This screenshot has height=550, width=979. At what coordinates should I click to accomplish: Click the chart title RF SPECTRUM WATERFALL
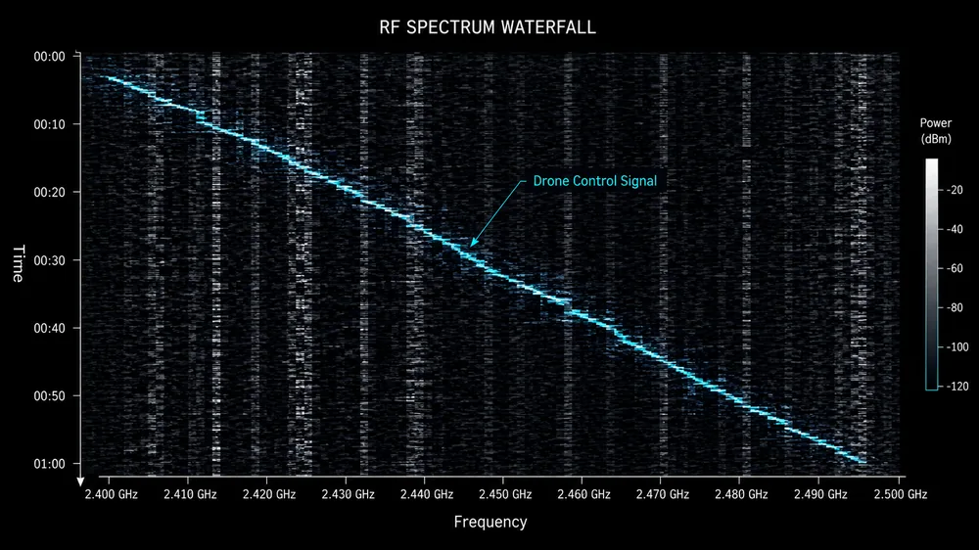(488, 27)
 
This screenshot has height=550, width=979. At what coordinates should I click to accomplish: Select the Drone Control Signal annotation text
(594, 181)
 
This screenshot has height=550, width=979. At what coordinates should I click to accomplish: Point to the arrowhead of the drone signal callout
(473, 243)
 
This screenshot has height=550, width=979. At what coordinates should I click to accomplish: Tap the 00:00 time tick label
(49, 57)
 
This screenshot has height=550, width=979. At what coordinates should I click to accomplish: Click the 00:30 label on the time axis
(49, 260)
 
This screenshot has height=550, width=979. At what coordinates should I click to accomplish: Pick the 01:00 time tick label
(49, 464)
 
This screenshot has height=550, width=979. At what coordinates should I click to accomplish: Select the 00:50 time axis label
(49, 395)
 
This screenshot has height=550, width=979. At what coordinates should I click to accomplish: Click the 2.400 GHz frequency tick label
(112, 494)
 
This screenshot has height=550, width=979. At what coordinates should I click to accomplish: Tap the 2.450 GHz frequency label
(505, 494)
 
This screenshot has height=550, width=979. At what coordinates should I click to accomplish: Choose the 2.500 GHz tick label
(901, 494)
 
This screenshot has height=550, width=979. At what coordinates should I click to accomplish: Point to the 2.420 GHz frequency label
(269, 494)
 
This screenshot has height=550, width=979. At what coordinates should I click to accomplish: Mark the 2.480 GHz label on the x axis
(741, 494)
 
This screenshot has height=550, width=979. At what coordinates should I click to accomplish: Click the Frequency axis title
(490, 522)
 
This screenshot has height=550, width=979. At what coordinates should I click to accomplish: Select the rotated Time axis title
(18, 263)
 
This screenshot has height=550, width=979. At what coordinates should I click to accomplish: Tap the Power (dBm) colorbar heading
(935, 131)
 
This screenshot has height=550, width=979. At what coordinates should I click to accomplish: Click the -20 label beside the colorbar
(954, 190)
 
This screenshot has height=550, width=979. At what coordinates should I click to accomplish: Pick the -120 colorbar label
(956, 387)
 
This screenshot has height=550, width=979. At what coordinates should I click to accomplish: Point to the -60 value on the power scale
(954, 268)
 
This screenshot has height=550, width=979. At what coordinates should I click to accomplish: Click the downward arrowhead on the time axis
(80, 481)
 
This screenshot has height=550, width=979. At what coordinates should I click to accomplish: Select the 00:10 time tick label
(49, 124)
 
